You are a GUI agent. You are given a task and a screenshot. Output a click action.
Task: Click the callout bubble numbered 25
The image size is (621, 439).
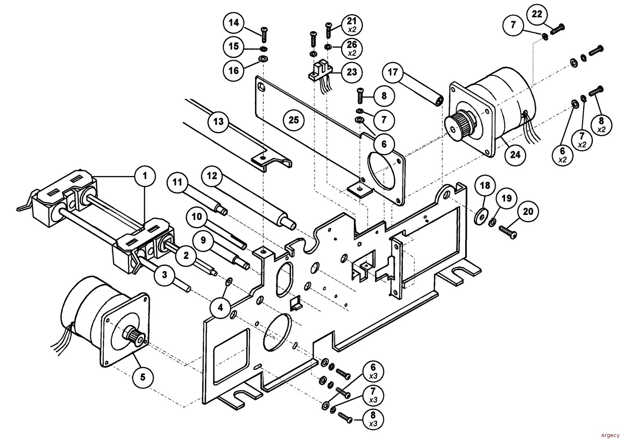(294, 120)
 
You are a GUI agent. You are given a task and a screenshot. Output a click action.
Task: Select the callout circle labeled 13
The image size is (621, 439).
(219, 121)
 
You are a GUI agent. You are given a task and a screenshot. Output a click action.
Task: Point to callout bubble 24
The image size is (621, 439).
(515, 154)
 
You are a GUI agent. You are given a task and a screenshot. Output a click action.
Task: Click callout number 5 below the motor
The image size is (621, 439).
(142, 377)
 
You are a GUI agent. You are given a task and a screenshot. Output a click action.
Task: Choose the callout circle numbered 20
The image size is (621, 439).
(527, 211)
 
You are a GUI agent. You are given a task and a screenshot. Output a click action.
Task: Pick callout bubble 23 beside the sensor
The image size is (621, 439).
(352, 72)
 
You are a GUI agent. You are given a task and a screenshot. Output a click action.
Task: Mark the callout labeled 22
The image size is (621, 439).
(537, 14)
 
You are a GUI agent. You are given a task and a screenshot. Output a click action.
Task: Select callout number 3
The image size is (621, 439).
(164, 275)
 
